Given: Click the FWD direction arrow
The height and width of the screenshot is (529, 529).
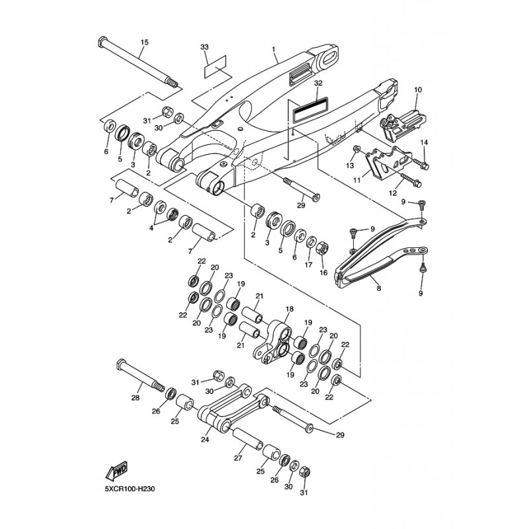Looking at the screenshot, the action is click(x=117, y=471).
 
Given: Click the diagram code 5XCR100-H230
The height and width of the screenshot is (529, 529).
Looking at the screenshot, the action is click(x=130, y=489).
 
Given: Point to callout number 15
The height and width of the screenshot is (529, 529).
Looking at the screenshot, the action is click(x=144, y=42).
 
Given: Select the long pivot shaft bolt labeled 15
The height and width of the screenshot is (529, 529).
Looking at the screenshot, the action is click(x=138, y=63).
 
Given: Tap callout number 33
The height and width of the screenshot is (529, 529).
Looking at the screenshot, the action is click(x=204, y=47).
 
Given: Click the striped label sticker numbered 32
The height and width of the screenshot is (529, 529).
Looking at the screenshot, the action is click(x=311, y=110).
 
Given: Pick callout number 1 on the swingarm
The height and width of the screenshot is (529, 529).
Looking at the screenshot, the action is click(x=274, y=50).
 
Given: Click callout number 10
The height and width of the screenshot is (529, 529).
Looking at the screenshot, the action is click(x=418, y=90).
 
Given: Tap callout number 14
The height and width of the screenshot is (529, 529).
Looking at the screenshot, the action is click(x=424, y=143).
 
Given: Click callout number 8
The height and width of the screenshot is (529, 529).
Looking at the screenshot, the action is click(x=379, y=288).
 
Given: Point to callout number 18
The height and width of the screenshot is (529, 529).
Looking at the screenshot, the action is click(x=290, y=309).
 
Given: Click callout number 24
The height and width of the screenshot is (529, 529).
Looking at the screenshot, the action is click(x=205, y=440).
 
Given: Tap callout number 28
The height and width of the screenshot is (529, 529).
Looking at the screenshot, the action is click(x=136, y=398).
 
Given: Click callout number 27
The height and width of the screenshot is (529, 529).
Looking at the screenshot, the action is click(x=238, y=458).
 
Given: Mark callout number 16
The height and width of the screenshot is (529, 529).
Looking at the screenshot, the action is click(x=323, y=272).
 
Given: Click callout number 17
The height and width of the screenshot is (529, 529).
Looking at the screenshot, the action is click(x=308, y=265).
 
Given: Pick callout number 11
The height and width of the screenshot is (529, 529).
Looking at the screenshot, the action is click(x=357, y=180).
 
